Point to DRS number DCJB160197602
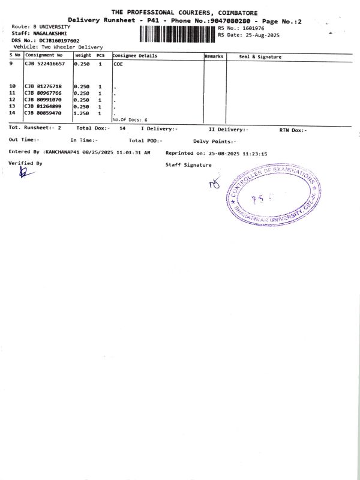[x=56, y=40]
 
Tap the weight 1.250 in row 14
[x=82, y=113]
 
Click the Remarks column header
[x=214, y=56]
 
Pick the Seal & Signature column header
[x=260, y=56]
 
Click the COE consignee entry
[x=118, y=64]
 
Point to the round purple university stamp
[x=274, y=196]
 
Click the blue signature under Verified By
[x=25, y=172]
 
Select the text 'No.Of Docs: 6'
[x=130, y=120]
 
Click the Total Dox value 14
[x=122, y=128]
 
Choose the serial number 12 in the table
[x=12, y=100]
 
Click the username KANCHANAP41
[x=65, y=152]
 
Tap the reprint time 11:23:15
[x=255, y=153]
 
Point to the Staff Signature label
[x=188, y=164]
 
